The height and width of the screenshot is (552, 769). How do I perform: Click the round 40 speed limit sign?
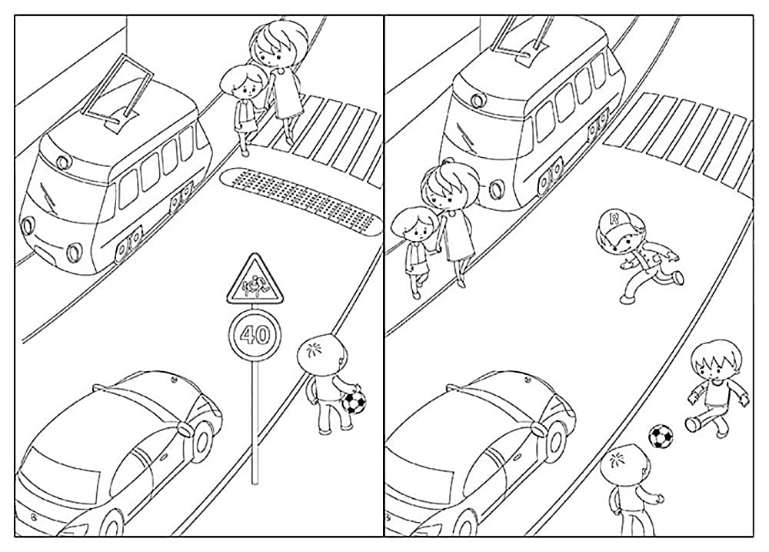coord(255,336)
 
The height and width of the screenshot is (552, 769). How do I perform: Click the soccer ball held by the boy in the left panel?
coord(354,401)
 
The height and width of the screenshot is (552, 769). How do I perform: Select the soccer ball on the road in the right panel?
coord(661,436)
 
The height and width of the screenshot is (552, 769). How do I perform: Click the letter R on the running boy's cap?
coord(614,218)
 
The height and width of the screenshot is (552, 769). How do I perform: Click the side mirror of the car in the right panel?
coord(540,429)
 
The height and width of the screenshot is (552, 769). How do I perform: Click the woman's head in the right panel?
coord(448,186)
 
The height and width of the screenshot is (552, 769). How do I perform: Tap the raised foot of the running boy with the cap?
coord(678,277)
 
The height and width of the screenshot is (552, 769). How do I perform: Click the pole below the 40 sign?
coord(255,423)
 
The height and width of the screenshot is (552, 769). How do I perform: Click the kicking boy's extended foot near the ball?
coord(693,423)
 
